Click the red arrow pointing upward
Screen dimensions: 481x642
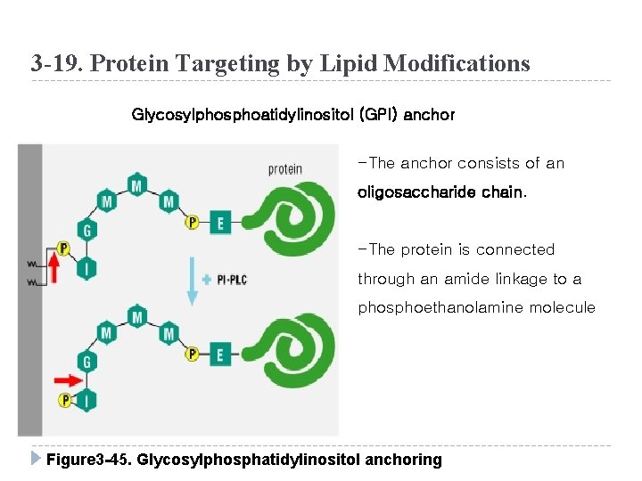[x=54, y=268]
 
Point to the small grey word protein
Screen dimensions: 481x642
[x=284, y=169]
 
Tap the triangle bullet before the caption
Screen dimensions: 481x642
[x=34, y=459]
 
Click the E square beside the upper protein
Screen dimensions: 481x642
[x=220, y=223]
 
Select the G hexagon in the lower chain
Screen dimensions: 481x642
[x=86, y=363]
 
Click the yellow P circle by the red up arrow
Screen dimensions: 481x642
[x=62, y=248]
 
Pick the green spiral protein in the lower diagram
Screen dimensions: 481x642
[x=287, y=356]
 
